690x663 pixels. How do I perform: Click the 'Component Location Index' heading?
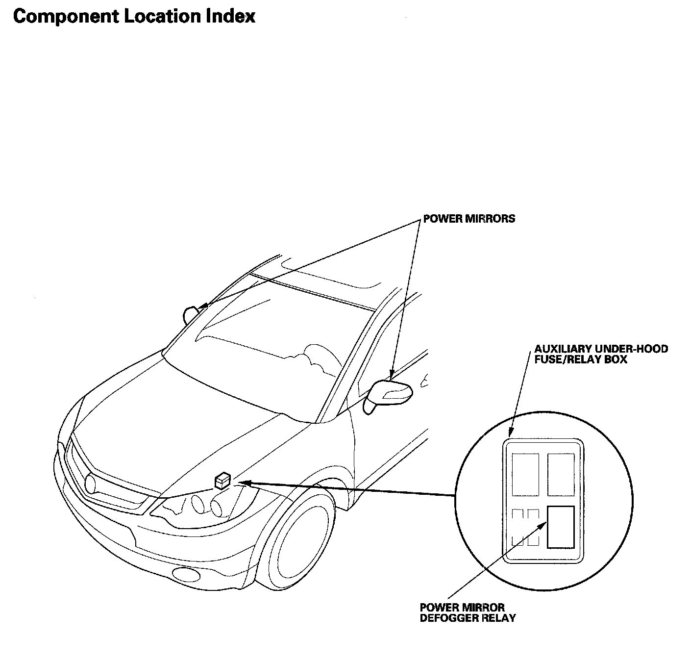134,16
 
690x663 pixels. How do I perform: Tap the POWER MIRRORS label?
469,219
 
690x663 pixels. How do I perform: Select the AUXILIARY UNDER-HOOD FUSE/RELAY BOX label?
601,354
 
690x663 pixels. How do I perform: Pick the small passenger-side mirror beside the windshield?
190,314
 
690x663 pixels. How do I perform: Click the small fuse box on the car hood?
222,481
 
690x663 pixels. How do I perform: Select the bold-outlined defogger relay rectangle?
561,527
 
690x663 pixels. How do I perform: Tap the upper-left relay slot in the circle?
525,474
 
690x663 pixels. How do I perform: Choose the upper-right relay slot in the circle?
561,474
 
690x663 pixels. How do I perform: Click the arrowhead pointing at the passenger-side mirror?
203,306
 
